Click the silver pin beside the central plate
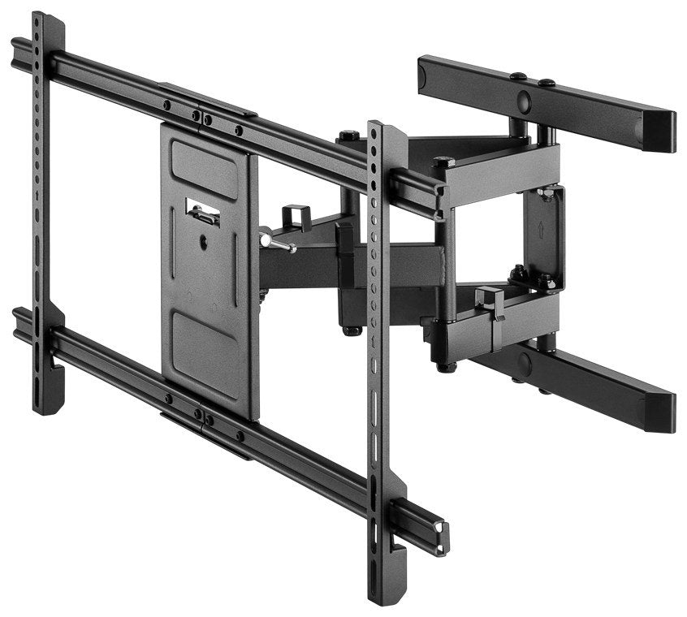point(274,244)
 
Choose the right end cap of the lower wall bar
point(660,413)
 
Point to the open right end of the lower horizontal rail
point(440,538)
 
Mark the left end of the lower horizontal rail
point(19,324)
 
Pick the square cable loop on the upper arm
point(296,218)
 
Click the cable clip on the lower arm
point(491,302)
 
